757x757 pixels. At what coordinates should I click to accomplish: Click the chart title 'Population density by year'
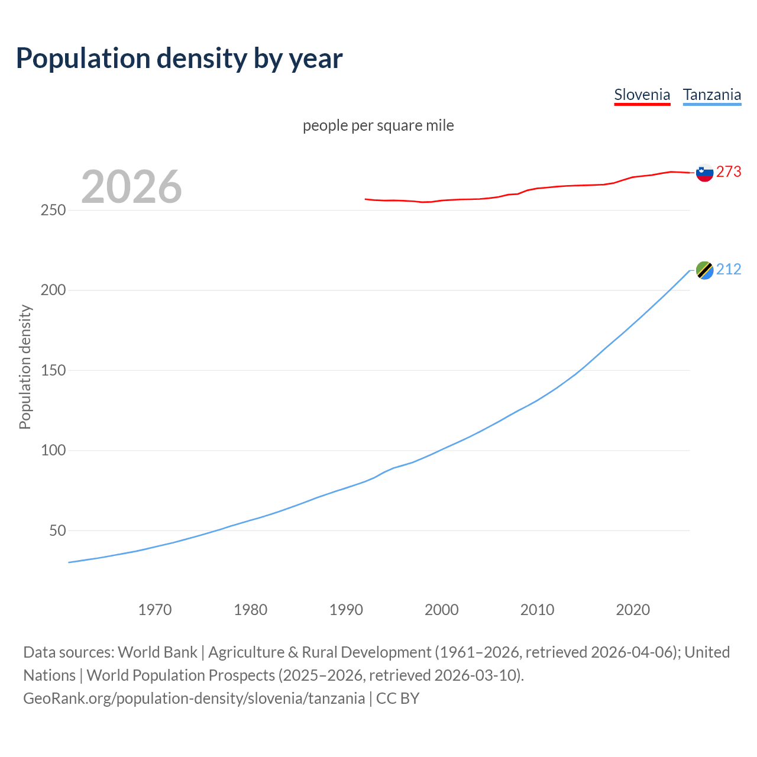pyautogui.click(x=179, y=59)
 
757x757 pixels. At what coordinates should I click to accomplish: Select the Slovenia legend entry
pyautogui.click(x=642, y=95)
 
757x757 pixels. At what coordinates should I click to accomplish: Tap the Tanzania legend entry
pyautogui.click(x=711, y=95)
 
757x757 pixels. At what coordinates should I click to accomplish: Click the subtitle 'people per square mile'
pyautogui.click(x=378, y=125)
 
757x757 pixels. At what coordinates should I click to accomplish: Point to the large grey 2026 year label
pyautogui.click(x=131, y=186)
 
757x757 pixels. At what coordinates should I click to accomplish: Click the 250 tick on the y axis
pyautogui.click(x=53, y=210)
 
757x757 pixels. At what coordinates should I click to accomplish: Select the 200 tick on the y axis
pyautogui.click(x=53, y=290)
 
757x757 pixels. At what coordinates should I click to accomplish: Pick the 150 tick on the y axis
pyautogui.click(x=53, y=370)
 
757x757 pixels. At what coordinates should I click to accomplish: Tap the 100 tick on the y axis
pyautogui.click(x=53, y=451)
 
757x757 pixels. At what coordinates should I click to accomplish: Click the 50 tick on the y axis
pyautogui.click(x=57, y=530)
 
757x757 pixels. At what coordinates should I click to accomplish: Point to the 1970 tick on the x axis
pyautogui.click(x=155, y=609)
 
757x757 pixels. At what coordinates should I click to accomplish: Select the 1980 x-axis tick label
pyautogui.click(x=251, y=609)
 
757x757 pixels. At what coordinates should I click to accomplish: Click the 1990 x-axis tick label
pyautogui.click(x=346, y=609)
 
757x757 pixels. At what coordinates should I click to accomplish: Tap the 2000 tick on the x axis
pyautogui.click(x=442, y=609)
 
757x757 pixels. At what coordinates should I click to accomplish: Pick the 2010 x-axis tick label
pyautogui.click(x=537, y=609)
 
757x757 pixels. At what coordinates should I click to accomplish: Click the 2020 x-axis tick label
pyautogui.click(x=633, y=609)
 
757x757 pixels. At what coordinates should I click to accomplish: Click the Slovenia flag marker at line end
pyautogui.click(x=704, y=173)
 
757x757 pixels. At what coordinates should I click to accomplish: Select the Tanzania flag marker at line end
pyautogui.click(x=704, y=270)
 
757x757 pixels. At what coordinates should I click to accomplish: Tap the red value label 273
pyautogui.click(x=729, y=172)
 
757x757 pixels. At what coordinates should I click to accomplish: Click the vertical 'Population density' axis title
pyautogui.click(x=25, y=367)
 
